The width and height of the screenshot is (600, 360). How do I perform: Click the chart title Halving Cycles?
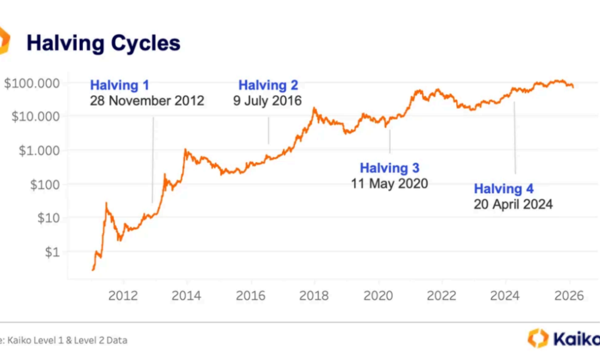(103, 43)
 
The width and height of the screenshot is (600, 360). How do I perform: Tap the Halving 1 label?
(119, 85)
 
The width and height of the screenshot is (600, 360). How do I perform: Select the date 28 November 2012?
(147, 100)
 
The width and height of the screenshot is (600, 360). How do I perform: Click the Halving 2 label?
(268, 85)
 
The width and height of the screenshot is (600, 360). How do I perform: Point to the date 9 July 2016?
(268, 100)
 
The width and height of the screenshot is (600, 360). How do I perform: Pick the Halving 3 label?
(389, 168)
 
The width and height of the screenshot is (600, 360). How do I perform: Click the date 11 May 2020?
(389, 184)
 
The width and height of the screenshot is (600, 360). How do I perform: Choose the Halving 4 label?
(503, 189)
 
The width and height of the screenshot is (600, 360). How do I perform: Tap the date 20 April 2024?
(513, 205)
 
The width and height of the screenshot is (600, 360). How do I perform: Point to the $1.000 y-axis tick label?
(39, 150)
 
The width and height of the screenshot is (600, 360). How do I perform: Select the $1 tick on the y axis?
(52, 252)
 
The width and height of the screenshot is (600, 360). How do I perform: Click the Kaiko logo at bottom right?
(563, 338)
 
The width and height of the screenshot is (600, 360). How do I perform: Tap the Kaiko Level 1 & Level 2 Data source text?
(66, 340)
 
